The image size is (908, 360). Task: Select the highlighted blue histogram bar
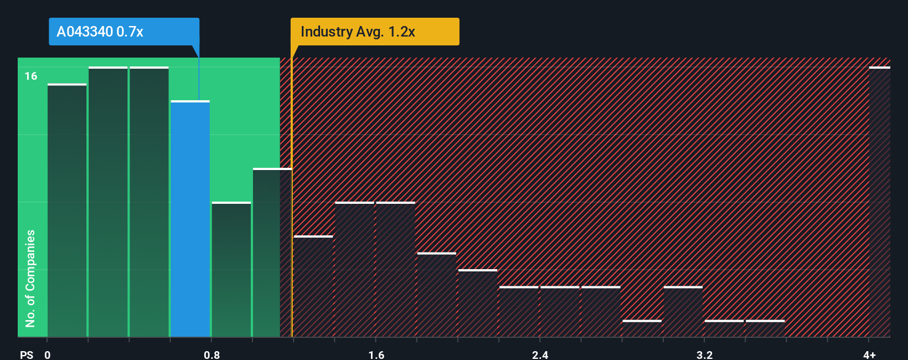point(190,219)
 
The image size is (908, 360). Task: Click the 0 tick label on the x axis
point(48,354)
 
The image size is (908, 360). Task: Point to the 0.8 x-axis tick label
point(211,354)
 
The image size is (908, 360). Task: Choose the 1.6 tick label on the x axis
point(376,354)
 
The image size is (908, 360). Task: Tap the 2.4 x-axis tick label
point(540,354)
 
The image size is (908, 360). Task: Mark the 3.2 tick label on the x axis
point(704,354)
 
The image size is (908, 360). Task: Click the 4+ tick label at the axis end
point(869,354)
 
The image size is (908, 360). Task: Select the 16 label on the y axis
point(31,76)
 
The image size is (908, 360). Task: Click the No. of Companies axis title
point(30,278)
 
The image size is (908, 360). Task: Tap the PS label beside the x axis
point(27,354)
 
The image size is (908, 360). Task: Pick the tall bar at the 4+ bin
point(879,202)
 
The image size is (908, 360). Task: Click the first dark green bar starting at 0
point(67,210)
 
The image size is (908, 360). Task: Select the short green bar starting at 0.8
point(231,270)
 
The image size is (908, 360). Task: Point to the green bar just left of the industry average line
point(272,253)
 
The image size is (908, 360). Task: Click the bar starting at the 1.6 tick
point(395,270)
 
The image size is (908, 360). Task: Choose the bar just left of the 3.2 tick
point(683,312)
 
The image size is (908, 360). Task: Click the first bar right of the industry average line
point(313,286)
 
